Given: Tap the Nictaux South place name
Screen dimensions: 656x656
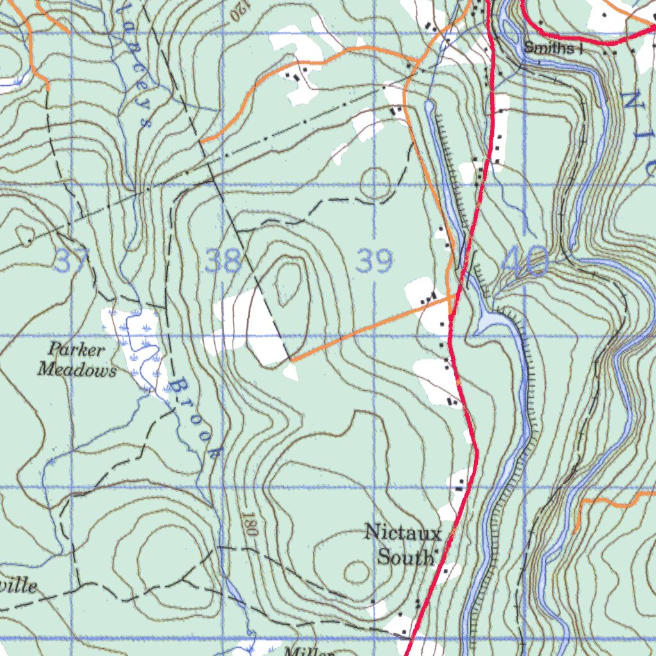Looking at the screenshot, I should click(404, 544).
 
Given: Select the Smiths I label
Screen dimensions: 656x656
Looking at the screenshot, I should click(555, 47).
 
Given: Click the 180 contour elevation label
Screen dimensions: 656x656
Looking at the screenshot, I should click(250, 523).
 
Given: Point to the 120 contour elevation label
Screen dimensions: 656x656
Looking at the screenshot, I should click(238, 11).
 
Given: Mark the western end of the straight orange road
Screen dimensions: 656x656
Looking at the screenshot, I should click(292, 361).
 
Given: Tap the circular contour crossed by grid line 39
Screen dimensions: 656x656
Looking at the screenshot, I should click(375, 184).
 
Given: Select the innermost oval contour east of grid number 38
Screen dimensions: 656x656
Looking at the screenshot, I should click(288, 283).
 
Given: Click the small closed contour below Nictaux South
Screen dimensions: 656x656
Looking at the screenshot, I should click(356, 571).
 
